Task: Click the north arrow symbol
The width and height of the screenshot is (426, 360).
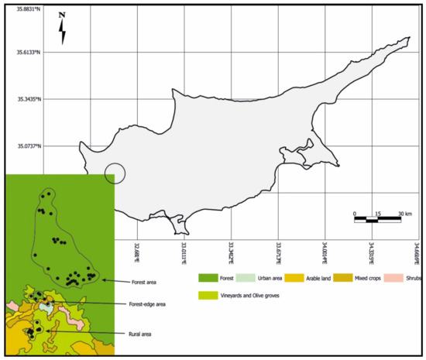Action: click(x=64, y=29)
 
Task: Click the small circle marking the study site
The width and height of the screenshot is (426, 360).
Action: click(x=115, y=174)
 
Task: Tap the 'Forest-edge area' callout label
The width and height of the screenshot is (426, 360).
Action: click(x=145, y=304)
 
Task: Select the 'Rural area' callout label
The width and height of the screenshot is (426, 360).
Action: click(x=134, y=334)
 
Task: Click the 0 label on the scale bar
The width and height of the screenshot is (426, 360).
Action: click(x=354, y=214)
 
